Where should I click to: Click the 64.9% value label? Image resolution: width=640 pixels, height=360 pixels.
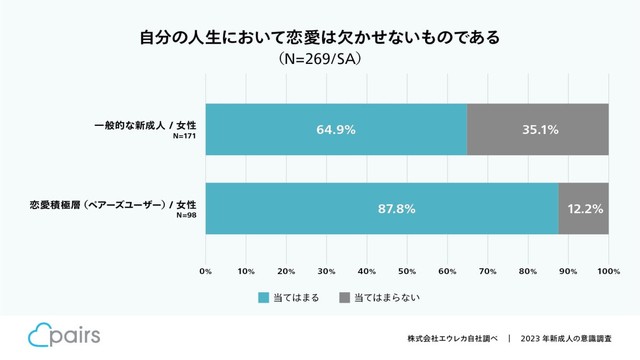(x=336, y=129)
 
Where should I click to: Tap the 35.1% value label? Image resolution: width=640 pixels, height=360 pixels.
(x=538, y=129)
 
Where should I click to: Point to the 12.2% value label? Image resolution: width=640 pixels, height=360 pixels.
(x=584, y=209)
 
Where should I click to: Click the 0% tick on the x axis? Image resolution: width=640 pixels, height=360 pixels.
(x=206, y=270)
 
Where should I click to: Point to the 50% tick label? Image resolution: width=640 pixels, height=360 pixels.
(x=407, y=270)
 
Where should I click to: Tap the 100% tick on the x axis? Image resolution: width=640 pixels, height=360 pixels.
(x=608, y=270)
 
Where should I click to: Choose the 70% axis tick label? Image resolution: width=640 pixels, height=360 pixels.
(x=488, y=270)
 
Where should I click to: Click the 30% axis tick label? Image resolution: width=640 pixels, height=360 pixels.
(x=327, y=270)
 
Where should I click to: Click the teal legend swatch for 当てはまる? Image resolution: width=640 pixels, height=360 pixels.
(x=264, y=298)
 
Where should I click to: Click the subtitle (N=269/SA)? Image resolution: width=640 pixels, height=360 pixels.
(x=320, y=59)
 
